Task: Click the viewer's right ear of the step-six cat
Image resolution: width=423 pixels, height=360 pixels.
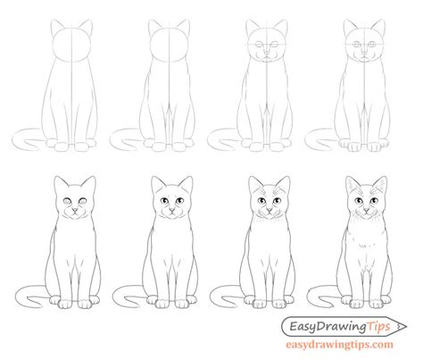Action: point(185,178)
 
